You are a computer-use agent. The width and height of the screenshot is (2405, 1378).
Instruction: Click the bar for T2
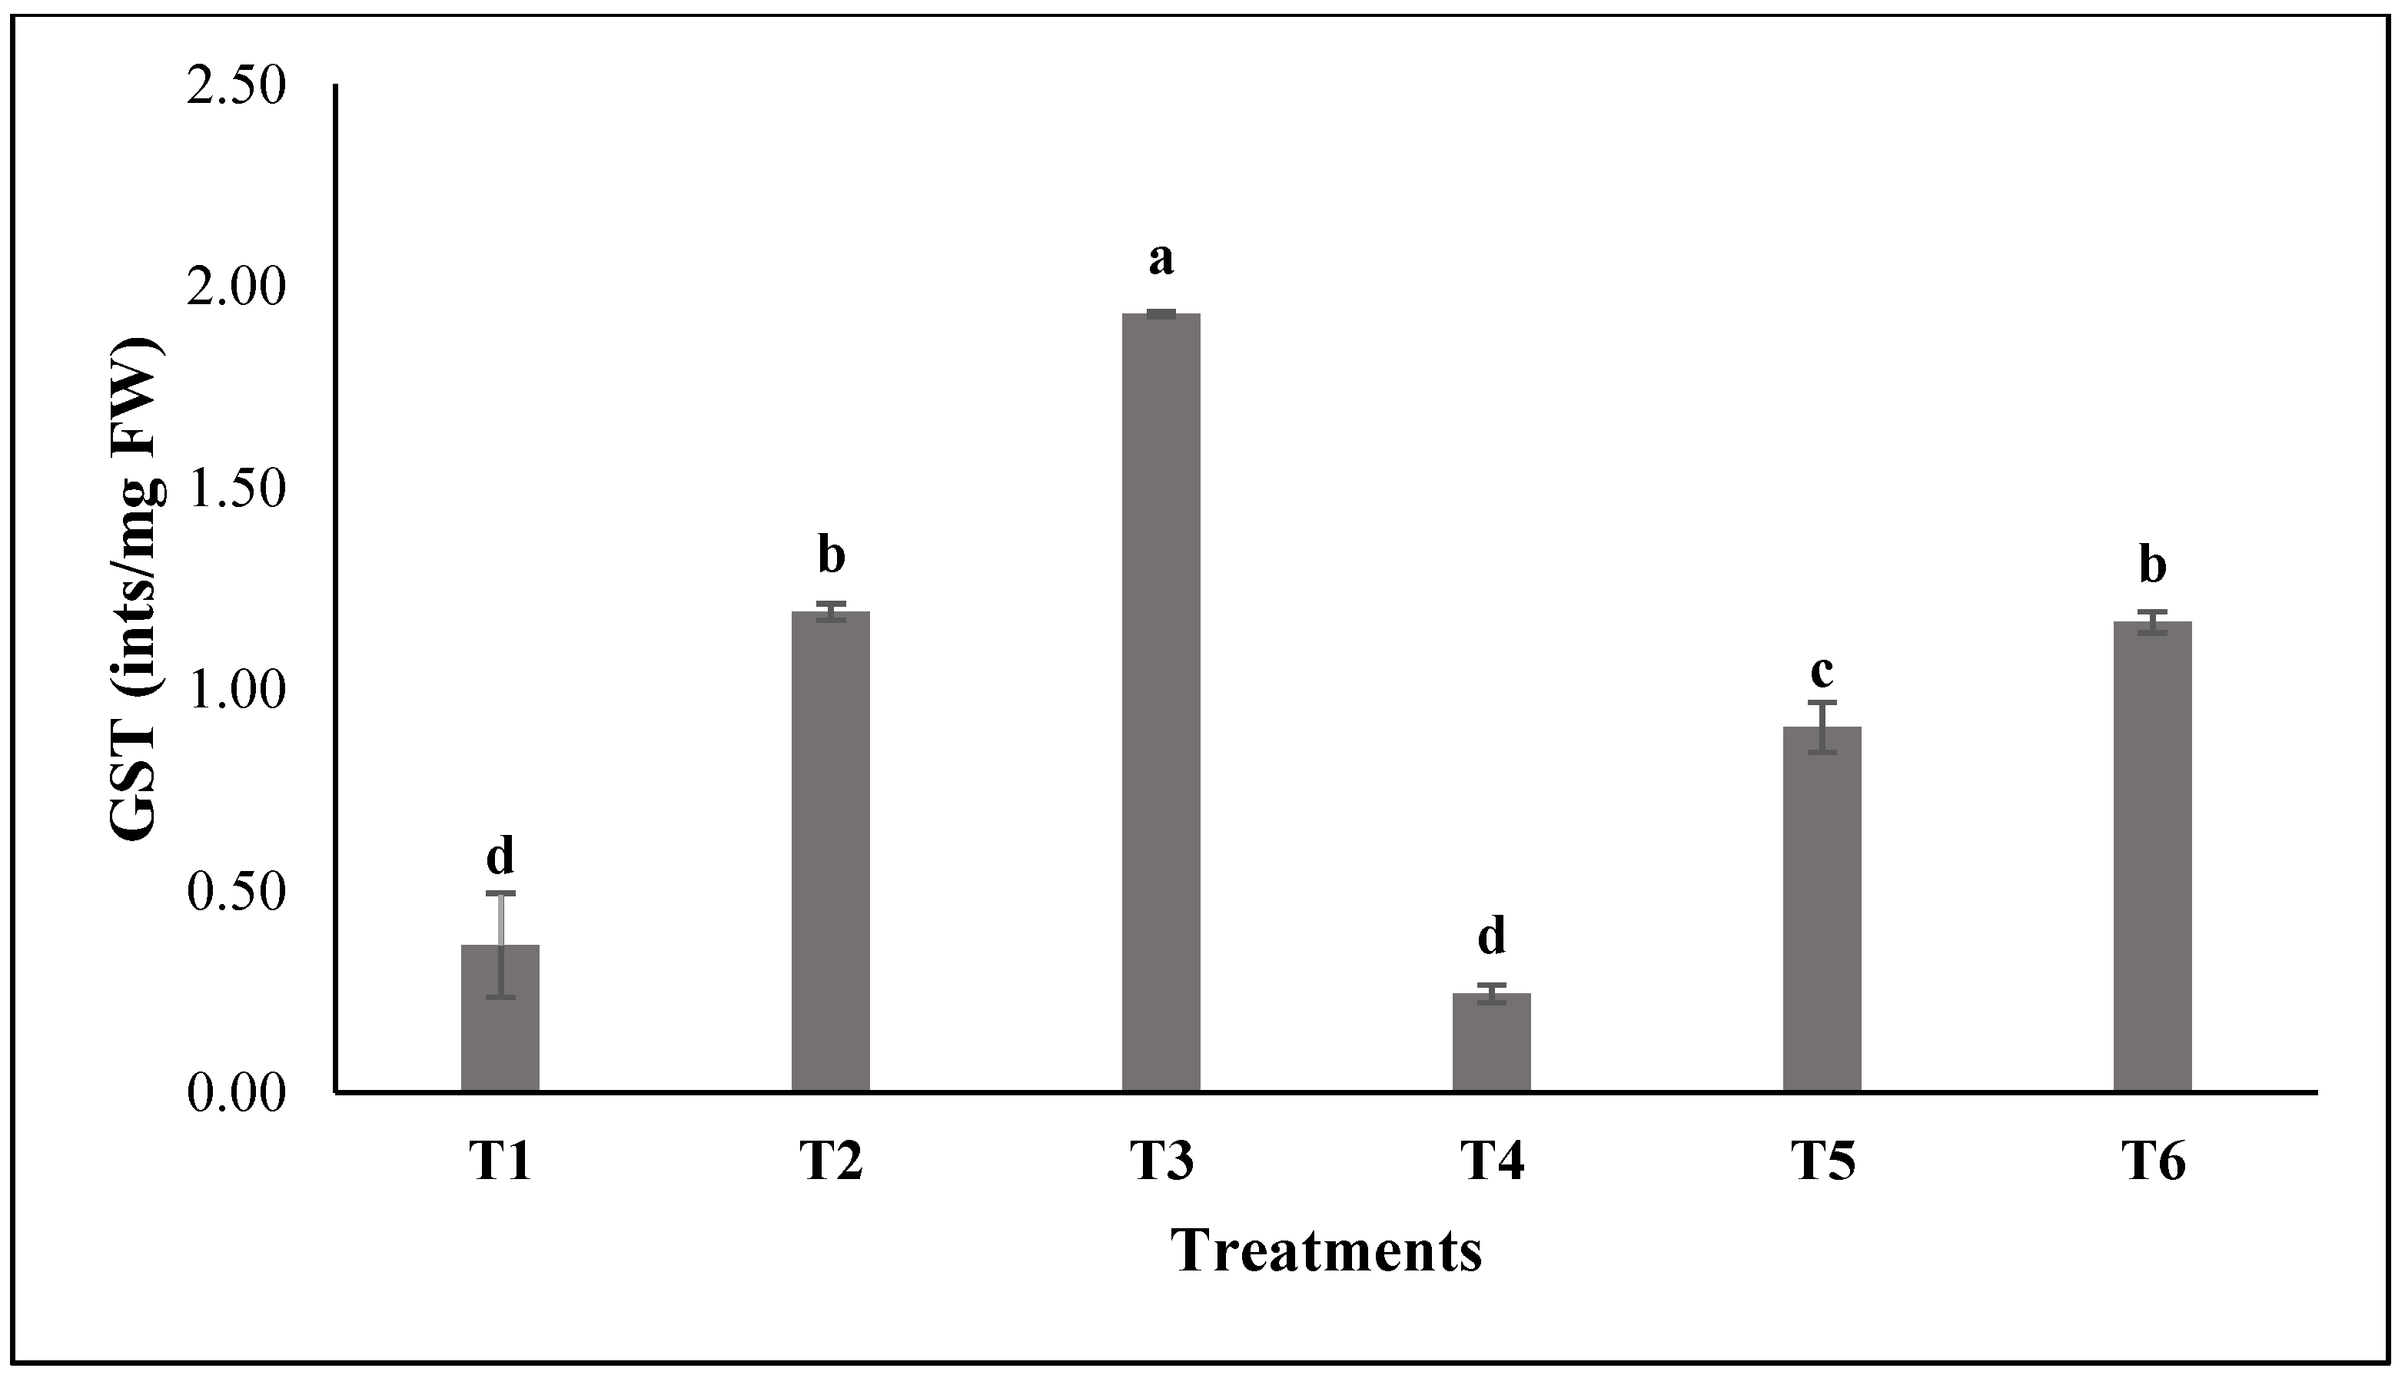coord(830,852)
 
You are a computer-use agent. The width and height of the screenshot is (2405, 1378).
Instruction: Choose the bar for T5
coord(1822,909)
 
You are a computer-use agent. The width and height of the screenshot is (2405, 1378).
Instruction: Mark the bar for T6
coord(2152,856)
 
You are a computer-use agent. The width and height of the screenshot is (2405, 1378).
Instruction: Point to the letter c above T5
coord(1822,671)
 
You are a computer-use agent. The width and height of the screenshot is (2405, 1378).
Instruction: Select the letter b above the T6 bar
coord(2152,565)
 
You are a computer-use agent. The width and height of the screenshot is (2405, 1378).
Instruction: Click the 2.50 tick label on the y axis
coord(236,87)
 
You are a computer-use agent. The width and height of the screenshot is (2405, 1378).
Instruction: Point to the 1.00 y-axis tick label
coord(236,690)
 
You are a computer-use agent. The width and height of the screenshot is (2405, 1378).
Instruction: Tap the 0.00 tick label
coord(236,1093)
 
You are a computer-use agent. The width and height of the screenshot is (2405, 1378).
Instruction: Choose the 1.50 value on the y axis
coord(236,489)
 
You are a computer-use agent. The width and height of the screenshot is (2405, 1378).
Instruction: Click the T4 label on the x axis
coord(1492,1163)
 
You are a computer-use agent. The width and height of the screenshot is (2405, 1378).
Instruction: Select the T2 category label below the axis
coord(830,1163)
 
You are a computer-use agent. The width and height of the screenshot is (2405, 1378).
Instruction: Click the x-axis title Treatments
coord(1326,1251)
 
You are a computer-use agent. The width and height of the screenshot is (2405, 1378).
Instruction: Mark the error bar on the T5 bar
coord(1822,727)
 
